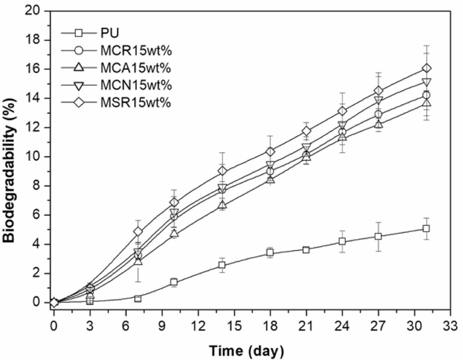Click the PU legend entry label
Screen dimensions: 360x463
tap(110, 33)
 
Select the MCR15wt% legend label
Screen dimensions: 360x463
tap(136, 50)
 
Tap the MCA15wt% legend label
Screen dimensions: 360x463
tap(136, 68)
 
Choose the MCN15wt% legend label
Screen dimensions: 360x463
tap(136, 85)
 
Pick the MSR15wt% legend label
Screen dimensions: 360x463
tap(136, 103)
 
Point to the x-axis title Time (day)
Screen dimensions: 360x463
tap(247, 350)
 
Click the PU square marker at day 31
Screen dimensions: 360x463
tap(426, 228)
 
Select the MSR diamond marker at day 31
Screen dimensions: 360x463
tap(426, 68)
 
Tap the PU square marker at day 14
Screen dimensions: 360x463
tap(222, 265)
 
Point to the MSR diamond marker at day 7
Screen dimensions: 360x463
tap(138, 231)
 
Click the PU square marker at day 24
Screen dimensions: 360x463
tap(342, 241)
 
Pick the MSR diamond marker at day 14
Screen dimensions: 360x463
tap(222, 171)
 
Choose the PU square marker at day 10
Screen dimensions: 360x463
tap(174, 282)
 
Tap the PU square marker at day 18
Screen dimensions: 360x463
tap(270, 253)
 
